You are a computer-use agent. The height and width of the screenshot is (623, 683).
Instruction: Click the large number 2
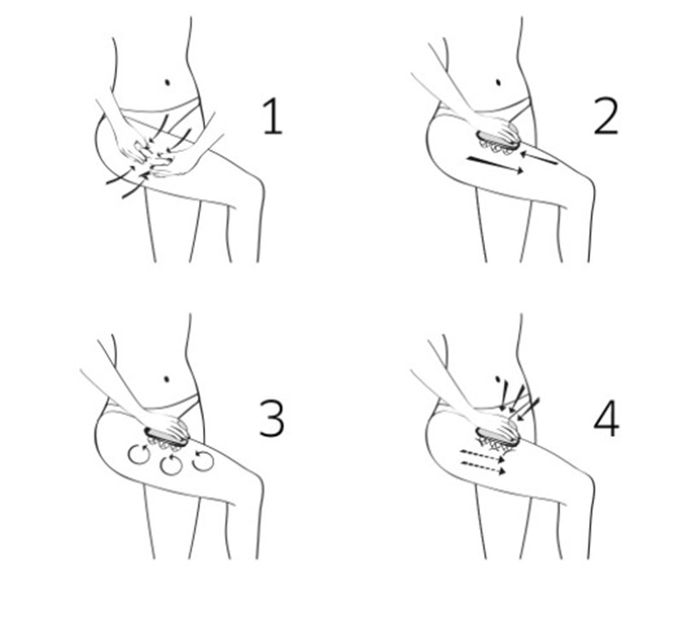(x=606, y=116)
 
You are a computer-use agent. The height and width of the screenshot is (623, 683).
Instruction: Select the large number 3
(x=271, y=418)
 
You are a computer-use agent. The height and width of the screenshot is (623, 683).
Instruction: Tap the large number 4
(x=606, y=418)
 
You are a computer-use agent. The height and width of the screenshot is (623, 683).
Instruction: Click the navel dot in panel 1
(x=167, y=82)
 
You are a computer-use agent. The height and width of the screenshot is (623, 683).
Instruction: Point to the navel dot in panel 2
(x=499, y=82)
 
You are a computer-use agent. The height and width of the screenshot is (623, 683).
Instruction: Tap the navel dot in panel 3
(x=166, y=379)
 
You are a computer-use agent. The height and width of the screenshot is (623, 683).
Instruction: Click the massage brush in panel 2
(x=498, y=142)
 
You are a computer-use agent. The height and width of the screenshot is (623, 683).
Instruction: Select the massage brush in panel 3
(x=166, y=439)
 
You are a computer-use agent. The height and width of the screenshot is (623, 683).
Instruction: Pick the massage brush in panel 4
(x=498, y=439)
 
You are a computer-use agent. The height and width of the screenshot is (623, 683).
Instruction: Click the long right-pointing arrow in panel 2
(x=495, y=165)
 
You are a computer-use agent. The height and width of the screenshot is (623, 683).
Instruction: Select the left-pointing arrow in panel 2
(x=539, y=158)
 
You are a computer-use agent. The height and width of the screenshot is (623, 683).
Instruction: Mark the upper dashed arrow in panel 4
(x=482, y=456)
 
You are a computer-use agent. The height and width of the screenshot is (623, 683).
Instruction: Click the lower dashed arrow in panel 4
(x=482, y=468)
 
